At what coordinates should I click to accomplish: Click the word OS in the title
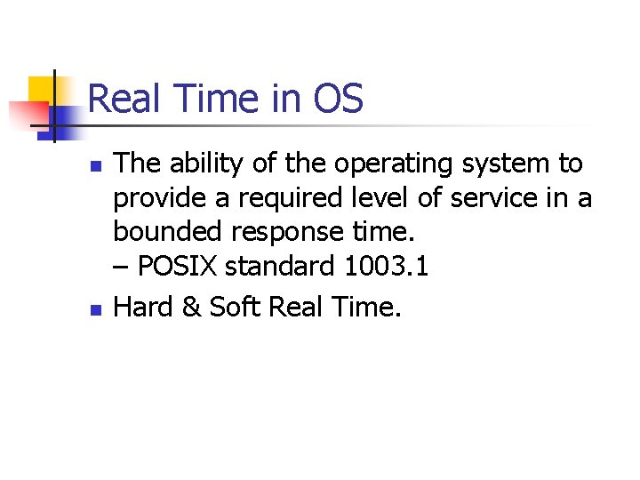click(339, 99)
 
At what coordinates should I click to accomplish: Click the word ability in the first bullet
click(202, 164)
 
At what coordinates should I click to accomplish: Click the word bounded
click(168, 231)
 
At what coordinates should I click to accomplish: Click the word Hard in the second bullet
click(142, 307)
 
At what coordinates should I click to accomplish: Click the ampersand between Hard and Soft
click(189, 307)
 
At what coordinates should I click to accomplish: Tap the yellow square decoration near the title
click(41, 91)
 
